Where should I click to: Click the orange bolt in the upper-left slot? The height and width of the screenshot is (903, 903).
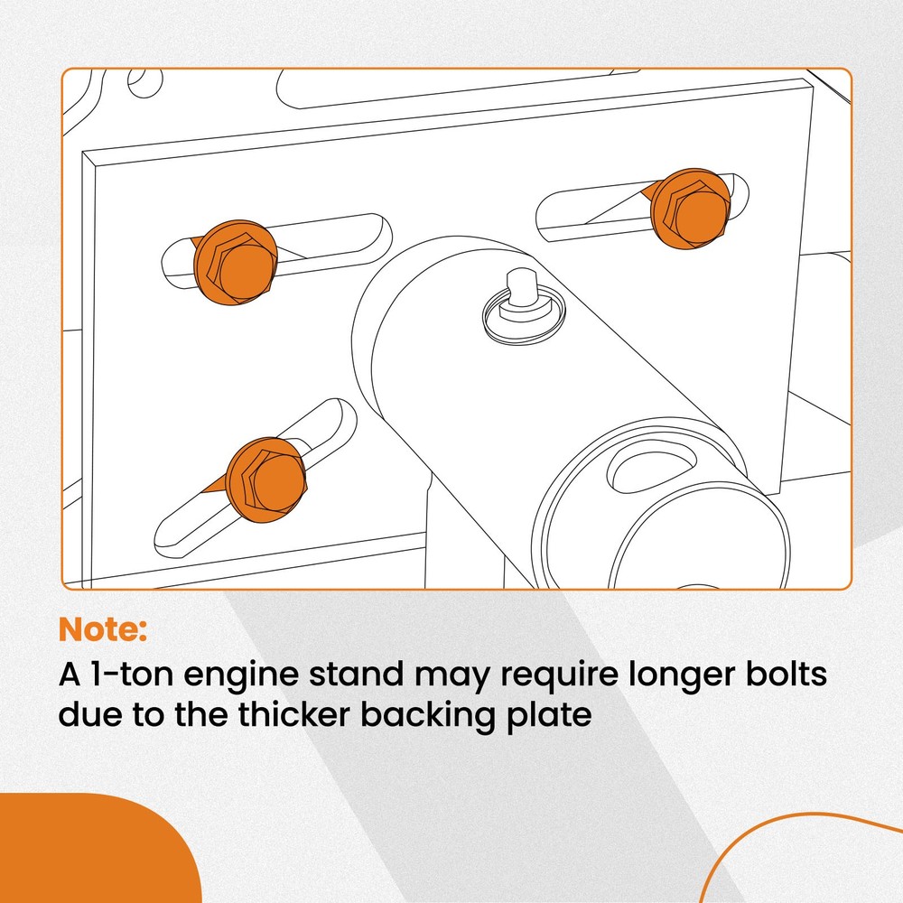235,262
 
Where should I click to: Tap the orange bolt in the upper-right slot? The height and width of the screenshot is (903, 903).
690,209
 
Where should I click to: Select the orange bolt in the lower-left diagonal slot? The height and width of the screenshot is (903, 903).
266,479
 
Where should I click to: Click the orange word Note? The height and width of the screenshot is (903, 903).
103,628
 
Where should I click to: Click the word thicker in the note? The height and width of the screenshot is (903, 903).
294,714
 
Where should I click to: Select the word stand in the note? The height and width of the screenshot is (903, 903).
356,674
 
